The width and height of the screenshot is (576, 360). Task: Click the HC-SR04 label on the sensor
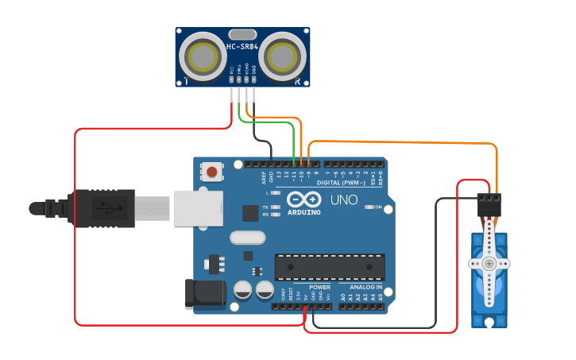click(242, 47)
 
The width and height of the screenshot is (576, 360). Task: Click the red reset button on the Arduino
click(211, 171)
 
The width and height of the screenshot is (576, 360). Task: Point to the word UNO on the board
click(343, 199)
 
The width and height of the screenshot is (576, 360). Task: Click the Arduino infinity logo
click(304, 200)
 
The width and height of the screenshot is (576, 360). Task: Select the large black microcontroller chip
click(329, 267)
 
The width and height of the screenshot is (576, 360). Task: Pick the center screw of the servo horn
click(489, 263)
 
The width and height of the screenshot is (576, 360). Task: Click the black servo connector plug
click(489, 206)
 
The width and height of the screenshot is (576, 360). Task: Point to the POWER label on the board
click(319, 287)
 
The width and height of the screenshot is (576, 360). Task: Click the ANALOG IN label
click(366, 287)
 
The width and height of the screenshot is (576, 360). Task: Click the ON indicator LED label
click(379, 207)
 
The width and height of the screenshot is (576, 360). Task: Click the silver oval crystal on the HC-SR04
click(242, 34)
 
